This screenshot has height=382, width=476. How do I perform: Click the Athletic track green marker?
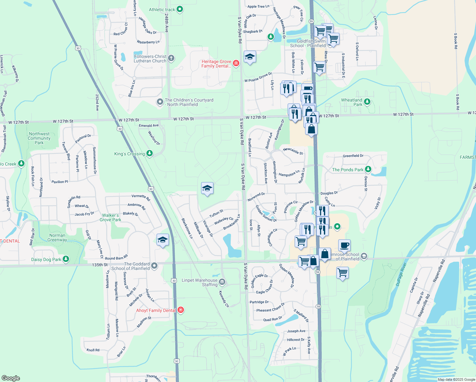click(x=179, y=10)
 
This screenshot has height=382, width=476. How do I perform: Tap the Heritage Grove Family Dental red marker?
click(x=236, y=63)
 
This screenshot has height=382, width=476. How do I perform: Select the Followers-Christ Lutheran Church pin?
click(x=171, y=58)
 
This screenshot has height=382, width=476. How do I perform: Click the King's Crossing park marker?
click(x=149, y=153)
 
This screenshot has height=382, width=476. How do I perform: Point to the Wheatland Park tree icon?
click(x=367, y=102)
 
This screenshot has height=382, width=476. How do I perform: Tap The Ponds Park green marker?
click(x=368, y=169)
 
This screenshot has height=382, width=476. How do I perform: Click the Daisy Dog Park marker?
click(x=66, y=259)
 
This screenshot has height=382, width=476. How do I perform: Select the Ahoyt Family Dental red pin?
click(x=181, y=310)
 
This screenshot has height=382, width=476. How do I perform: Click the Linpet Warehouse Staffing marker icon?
click(x=222, y=281)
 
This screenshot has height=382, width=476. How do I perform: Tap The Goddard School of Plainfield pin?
click(x=154, y=265)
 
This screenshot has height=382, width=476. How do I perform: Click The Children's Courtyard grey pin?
click(x=160, y=102)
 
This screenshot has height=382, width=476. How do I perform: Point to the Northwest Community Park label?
click(x=39, y=138)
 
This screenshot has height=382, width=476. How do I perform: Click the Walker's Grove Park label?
click(x=110, y=217)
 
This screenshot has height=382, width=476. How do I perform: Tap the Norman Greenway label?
click(x=57, y=238)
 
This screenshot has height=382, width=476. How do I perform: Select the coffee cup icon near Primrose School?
click(x=344, y=245)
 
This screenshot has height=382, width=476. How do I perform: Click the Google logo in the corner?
click(x=10, y=378)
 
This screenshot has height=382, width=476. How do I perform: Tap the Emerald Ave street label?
click(x=149, y=126)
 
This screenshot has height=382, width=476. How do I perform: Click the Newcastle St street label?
click(x=293, y=151)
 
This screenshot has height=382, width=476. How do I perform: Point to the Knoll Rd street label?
click(x=93, y=350)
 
